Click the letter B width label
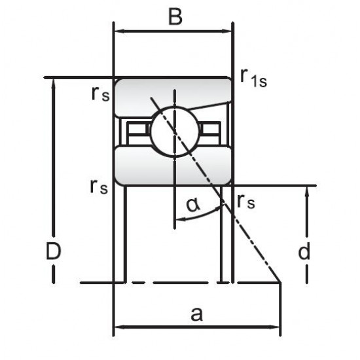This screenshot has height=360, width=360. (175, 17)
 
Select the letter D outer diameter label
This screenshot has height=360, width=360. (54, 251)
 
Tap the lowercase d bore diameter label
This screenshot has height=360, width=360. (304, 251)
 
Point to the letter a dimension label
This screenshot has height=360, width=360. (197, 314)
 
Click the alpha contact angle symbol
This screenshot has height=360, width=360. (193, 205)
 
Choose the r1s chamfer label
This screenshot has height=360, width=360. (253, 78)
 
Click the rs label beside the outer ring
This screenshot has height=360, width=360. (100, 94)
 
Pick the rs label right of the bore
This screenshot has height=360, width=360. (246, 202)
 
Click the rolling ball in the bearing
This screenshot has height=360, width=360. (174, 132)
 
